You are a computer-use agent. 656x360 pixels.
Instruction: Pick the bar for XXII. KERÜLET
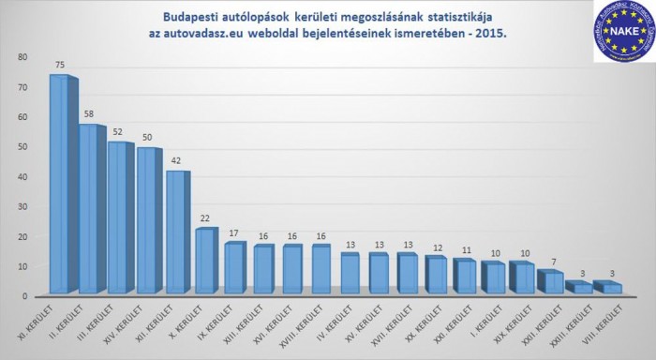[x=552, y=282]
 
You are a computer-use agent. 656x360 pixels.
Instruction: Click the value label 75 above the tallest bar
[x=60, y=65]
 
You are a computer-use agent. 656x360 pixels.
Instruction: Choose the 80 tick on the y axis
[x=22, y=57]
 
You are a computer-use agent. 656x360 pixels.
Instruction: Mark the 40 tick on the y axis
[x=22, y=176]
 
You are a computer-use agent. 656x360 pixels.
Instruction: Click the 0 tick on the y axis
[x=25, y=295]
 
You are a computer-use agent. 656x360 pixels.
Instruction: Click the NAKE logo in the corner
[x=621, y=32]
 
